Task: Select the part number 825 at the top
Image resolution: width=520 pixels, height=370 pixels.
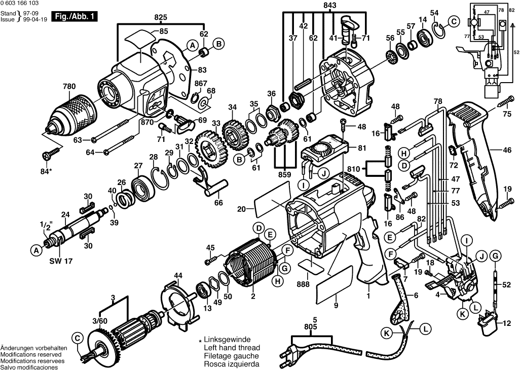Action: point(161,17)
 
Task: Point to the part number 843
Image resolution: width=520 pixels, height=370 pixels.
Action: point(315,6)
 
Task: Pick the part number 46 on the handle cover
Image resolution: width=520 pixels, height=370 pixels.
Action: point(507,151)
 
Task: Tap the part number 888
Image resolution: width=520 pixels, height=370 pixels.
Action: point(304,285)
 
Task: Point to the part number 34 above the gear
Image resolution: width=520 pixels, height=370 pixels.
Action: point(232,107)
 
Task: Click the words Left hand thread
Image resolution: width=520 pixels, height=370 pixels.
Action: point(232,348)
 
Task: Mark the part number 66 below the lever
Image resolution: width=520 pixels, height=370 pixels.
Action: point(218,203)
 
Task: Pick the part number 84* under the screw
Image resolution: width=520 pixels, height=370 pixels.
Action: point(47,171)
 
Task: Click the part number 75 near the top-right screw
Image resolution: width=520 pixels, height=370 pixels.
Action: point(507,115)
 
